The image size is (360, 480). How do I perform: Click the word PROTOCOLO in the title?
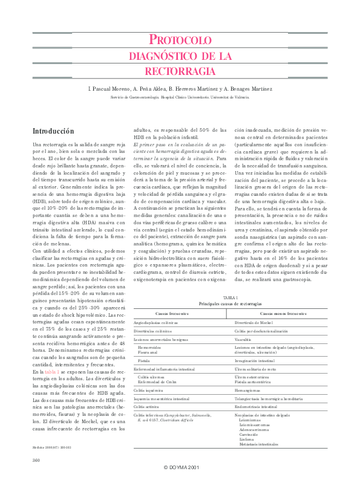180,41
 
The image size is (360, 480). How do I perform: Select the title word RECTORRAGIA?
180,71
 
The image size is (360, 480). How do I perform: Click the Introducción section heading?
53,131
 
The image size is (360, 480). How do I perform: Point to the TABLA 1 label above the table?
231,299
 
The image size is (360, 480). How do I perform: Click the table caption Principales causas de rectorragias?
231,303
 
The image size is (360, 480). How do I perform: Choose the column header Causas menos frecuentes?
283,314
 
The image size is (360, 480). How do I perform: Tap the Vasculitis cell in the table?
245,340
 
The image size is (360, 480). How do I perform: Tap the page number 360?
36,461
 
